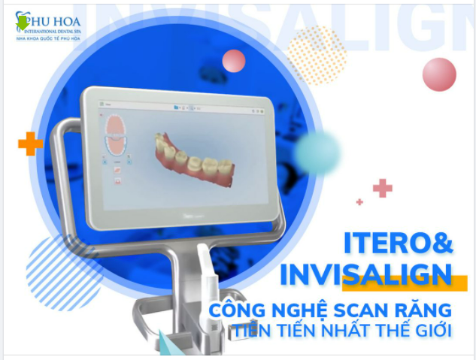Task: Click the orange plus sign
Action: point(30,143)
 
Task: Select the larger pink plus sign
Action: point(383,187)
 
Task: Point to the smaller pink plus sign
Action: point(359,201)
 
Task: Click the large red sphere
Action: point(439,74)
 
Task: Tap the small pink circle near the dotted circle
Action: point(234,61)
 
